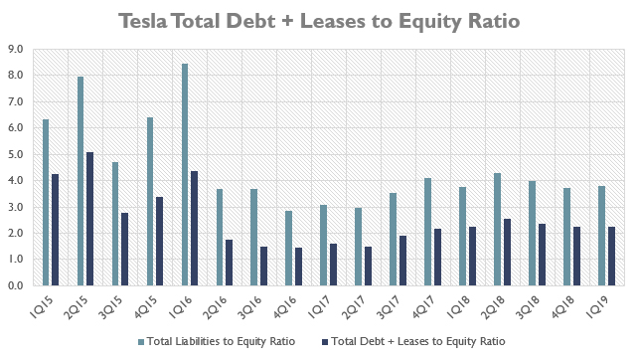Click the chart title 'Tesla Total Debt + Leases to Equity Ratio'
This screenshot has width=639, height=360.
[318, 21]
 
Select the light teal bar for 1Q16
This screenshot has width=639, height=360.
[185, 175]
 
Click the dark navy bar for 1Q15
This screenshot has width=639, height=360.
[56, 230]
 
